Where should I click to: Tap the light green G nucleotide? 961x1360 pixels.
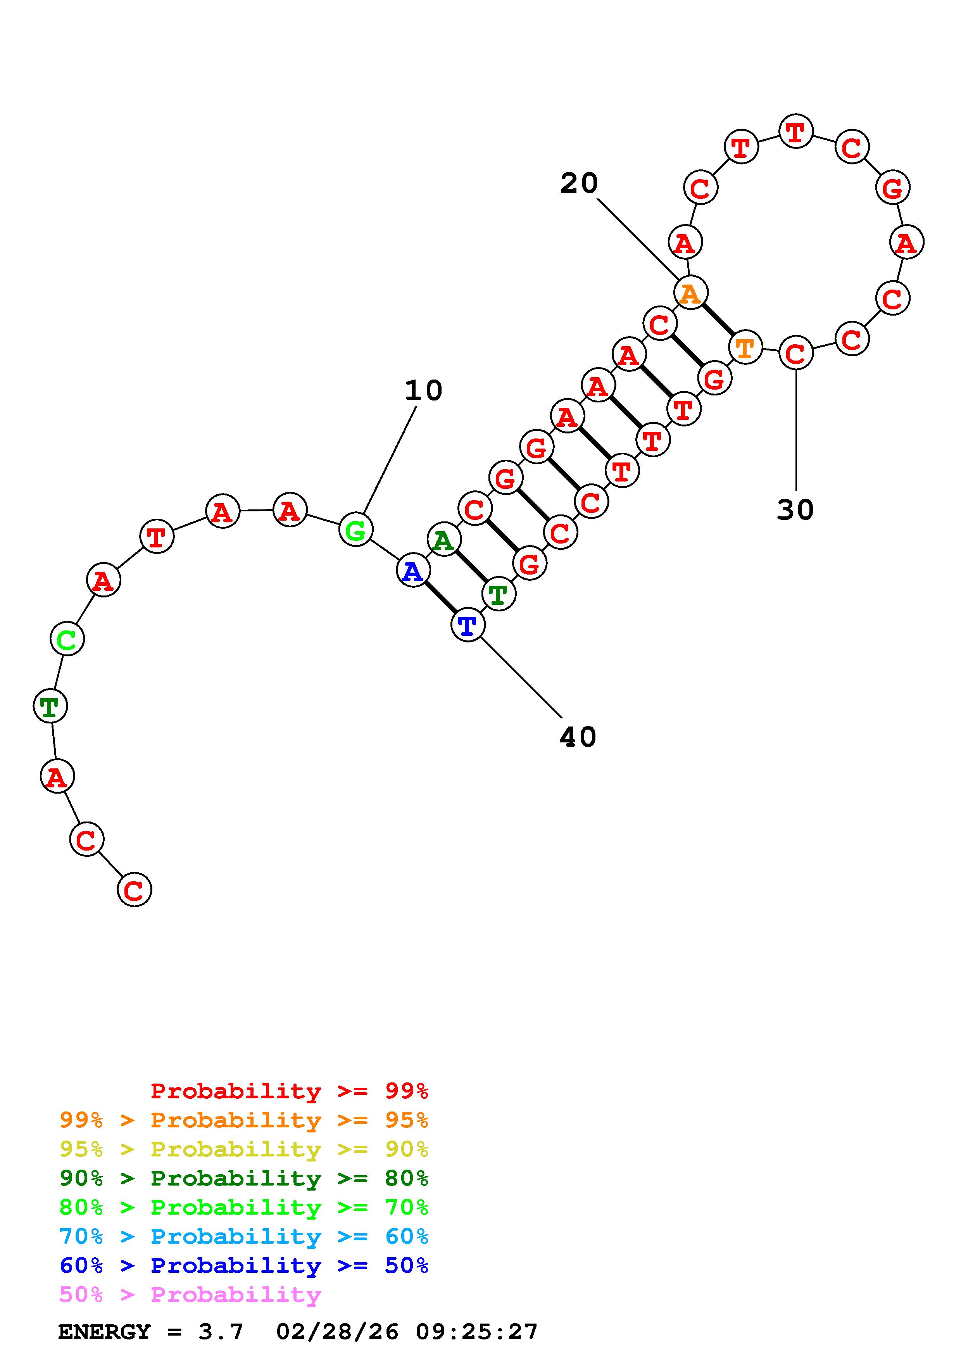(x=355, y=530)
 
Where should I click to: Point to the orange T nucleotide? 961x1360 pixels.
(x=745, y=348)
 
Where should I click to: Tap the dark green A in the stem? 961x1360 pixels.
(x=443, y=540)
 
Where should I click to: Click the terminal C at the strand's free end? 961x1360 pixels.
(x=135, y=890)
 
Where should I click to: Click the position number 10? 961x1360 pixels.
(x=423, y=391)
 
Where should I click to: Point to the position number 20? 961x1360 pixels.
(x=578, y=184)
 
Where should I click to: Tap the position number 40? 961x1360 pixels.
(x=578, y=737)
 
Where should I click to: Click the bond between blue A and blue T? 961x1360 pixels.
(x=440, y=598)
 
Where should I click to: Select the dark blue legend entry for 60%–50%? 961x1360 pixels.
(x=243, y=1265)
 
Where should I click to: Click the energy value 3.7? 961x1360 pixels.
(x=220, y=1332)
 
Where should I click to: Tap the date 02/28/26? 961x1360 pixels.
(x=337, y=1332)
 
